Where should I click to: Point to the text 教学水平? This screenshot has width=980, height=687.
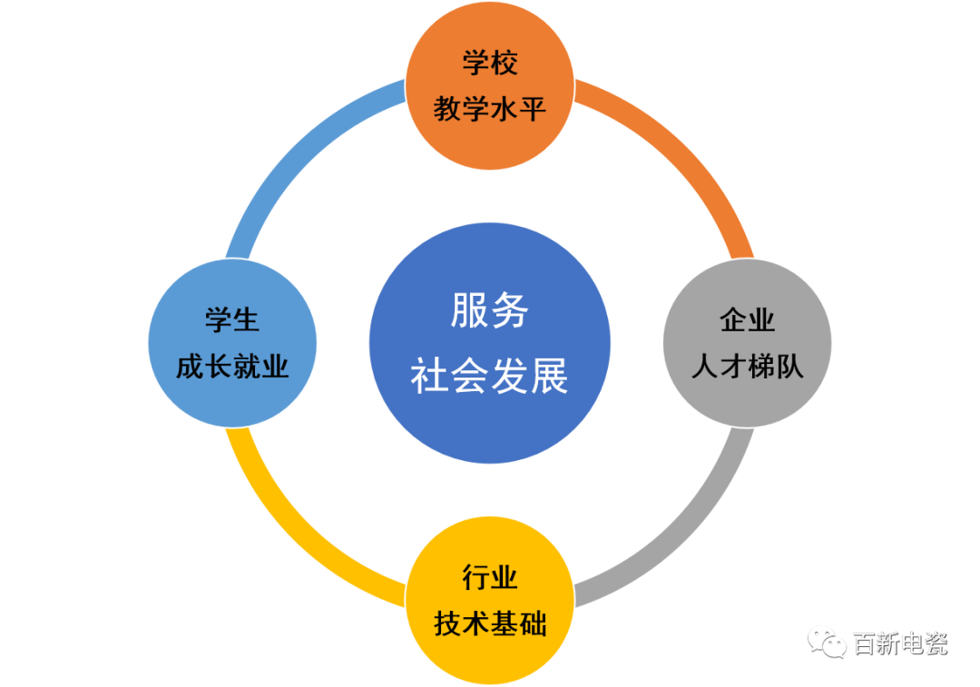click(x=490, y=110)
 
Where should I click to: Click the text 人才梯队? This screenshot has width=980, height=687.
click(x=747, y=366)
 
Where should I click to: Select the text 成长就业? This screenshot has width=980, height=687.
click(x=232, y=366)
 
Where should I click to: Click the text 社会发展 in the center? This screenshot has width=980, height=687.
click(x=490, y=376)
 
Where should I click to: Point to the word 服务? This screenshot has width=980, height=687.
click(x=490, y=311)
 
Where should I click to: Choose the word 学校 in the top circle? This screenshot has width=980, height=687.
click(x=490, y=64)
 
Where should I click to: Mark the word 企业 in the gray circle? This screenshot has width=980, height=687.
click(x=747, y=320)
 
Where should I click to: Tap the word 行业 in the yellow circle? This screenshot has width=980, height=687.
click(x=490, y=577)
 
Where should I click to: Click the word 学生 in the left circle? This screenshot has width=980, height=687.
click(x=232, y=320)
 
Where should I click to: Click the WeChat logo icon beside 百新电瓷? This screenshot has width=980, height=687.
click(x=828, y=643)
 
